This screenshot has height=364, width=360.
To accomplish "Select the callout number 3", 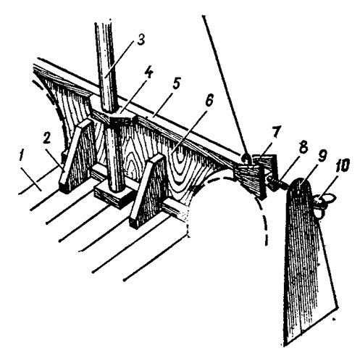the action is (x=140, y=40).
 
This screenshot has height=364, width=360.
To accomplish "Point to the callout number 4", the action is (x=149, y=73).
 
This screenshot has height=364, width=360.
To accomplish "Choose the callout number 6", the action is (x=209, y=99).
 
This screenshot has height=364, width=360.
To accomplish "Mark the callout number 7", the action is (x=275, y=133).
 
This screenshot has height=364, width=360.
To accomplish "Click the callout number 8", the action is (x=303, y=146).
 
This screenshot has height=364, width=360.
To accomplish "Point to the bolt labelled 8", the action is (x=277, y=183).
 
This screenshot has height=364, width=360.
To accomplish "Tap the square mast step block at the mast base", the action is (x=113, y=194).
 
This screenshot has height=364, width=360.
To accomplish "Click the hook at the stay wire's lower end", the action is (x=246, y=159).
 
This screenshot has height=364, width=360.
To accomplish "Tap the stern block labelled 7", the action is (x=256, y=176).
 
